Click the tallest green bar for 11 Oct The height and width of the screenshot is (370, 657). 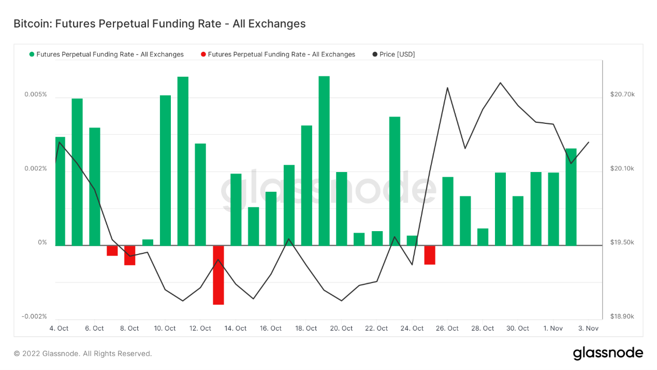pyautogui.click(x=183, y=161)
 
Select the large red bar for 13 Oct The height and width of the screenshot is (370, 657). pyautogui.click(x=218, y=275)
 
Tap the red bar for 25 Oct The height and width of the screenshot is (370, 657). pyautogui.click(x=430, y=255)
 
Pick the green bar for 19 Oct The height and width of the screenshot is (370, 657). pyautogui.click(x=324, y=161)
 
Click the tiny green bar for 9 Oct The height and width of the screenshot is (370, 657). pyautogui.click(x=148, y=243)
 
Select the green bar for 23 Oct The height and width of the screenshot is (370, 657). pyautogui.click(x=395, y=181)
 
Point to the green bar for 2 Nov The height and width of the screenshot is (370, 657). pyautogui.click(x=571, y=197)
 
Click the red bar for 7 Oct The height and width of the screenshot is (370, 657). pyautogui.click(x=112, y=251)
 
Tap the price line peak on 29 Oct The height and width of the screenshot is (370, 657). pyautogui.click(x=500, y=83)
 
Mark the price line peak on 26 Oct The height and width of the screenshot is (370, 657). pyautogui.click(x=447, y=88)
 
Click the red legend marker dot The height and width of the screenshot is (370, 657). pyautogui.click(x=203, y=54)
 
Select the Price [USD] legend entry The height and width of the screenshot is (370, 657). pyautogui.click(x=397, y=54)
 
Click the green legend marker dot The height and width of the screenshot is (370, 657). pyautogui.click(x=32, y=54)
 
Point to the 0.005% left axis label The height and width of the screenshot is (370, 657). pyautogui.click(x=35, y=95)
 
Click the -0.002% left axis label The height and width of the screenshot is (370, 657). pyautogui.click(x=34, y=317)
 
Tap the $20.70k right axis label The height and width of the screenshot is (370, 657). pyautogui.click(x=622, y=94)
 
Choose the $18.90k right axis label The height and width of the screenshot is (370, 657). pyautogui.click(x=622, y=317)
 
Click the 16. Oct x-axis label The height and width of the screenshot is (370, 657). pyautogui.click(x=271, y=329)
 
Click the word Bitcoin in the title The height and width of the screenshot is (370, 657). pyautogui.click(x=31, y=24)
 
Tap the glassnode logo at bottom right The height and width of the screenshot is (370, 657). pyautogui.click(x=608, y=353)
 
